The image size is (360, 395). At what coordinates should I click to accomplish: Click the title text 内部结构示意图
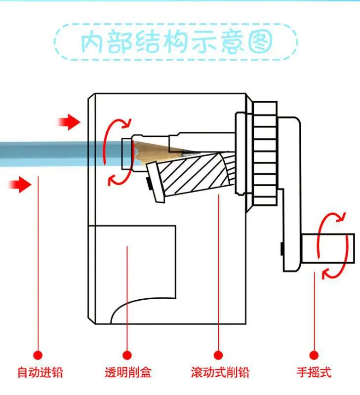(x=177, y=42)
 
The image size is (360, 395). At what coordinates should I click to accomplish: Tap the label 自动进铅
(x=40, y=372)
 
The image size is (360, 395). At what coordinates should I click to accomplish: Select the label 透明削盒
(x=128, y=372)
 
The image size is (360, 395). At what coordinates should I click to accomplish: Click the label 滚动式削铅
(x=220, y=372)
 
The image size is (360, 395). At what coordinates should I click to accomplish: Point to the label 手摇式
(x=314, y=372)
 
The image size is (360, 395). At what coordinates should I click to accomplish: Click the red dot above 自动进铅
(x=38, y=355)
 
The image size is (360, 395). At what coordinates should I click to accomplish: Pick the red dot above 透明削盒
(x=127, y=355)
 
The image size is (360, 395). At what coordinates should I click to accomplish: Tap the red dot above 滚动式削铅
(x=218, y=355)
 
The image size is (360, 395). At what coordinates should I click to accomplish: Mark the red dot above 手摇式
(x=314, y=355)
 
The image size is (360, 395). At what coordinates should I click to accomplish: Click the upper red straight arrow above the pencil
(x=69, y=122)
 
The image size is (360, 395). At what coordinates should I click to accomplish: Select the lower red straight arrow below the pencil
(x=20, y=184)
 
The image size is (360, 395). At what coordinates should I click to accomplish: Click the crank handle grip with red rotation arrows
(x=328, y=248)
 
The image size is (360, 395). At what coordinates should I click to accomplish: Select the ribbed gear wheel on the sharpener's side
(x=265, y=154)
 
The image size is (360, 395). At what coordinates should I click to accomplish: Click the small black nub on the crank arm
(x=281, y=249)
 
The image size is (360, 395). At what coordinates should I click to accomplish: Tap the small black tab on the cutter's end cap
(x=148, y=184)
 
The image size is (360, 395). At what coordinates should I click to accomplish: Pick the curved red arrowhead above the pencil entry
(x=126, y=123)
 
